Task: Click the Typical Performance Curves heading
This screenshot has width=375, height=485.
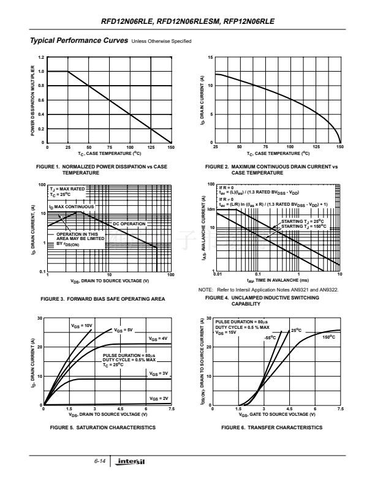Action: (x=78, y=40)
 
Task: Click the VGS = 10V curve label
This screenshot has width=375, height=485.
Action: (x=81, y=325)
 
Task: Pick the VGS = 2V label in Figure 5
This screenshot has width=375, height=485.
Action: (x=158, y=398)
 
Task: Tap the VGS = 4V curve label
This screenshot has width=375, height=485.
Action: (x=158, y=338)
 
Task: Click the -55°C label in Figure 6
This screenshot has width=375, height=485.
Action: (x=270, y=337)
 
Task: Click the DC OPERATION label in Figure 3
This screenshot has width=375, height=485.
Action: (x=129, y=224)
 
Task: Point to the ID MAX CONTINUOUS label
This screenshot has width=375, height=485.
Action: (x=72, y=207)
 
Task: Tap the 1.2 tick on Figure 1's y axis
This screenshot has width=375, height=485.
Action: (x=41, y=58)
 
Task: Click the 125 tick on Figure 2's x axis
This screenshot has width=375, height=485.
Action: (x=315, y=148)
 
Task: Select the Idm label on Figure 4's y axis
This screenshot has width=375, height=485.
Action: (x=211, y=209)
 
